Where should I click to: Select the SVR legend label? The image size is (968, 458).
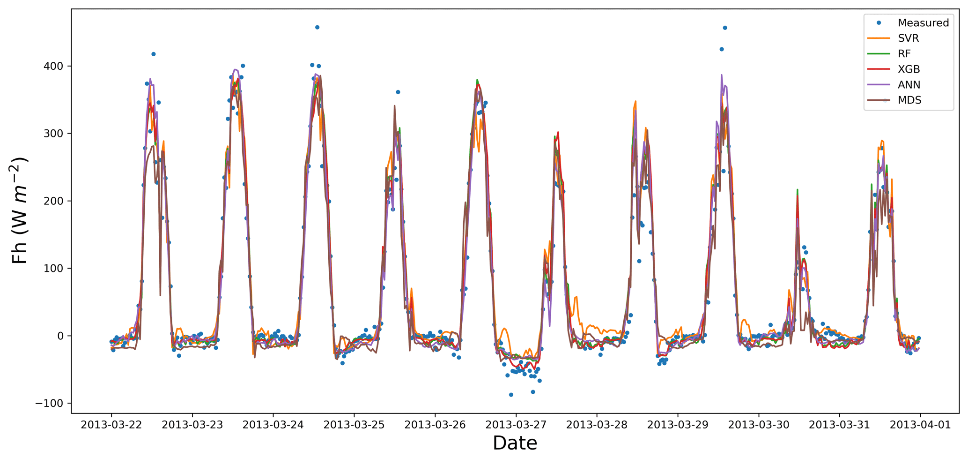pyautogui.click(x=908, y=38)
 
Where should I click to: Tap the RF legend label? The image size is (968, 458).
pyautogui.click(x=904, y=54)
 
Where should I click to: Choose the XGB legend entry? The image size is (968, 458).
pyautogui.click(x=909, y=69)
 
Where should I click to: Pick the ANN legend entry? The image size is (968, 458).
pyautogui.click(x=909, y=85)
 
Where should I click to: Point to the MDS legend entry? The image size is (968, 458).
pyautogui.click(x=909, y=100)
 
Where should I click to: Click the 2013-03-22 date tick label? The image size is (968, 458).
pyautogui.click(x=111, y=425)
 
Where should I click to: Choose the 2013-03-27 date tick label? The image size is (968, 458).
pyautogui.click(x=516, y=425)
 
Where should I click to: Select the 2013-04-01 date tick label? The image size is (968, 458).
pyautogui.click(x=920, y=425)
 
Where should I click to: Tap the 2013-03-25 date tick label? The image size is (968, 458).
pyautogui.click(x=354, y=425)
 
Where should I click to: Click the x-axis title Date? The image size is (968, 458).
pyautogui.click(x=515, y=443)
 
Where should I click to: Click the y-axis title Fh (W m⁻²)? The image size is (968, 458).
pyautogui.click(x=20, y=210)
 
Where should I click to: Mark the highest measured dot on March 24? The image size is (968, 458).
pyautogui.click(x=317, y=27)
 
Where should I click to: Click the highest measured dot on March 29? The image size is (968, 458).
pyautogui.click(x=725, y=28)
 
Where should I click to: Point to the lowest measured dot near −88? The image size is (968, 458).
pyautogui.click(x=511, y=395)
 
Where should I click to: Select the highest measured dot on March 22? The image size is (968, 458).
pyautogui.click(x=153, y=54)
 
